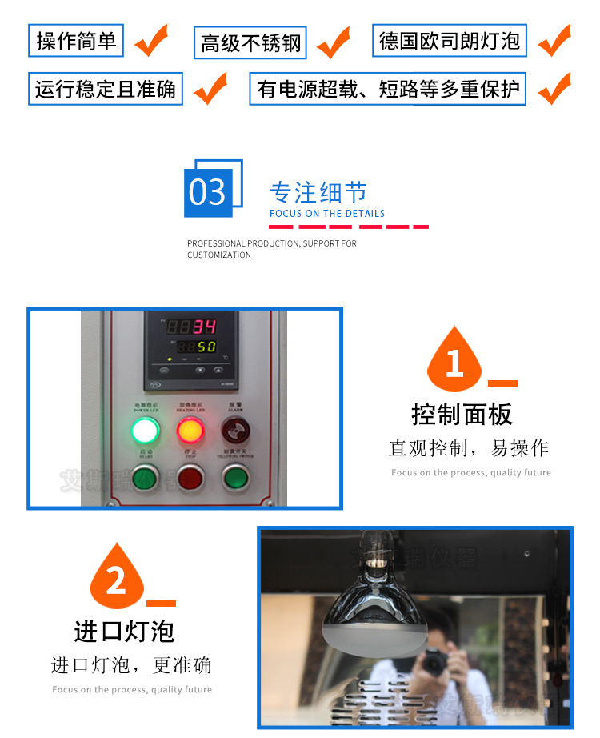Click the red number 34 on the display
[x=205, y=327]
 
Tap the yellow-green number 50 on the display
[x=206, y=347]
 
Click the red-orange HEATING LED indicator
[x=190, y=431]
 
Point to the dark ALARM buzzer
[x=234, y=431]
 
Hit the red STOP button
[x=190, y=478]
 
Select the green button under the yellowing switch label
[x=234, y=478]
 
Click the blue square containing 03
[x=209, y=193]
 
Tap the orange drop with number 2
[x=117, y=578]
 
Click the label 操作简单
[x=76, y=41]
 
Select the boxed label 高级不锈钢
[x=251, y=43]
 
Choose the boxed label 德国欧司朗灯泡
[x=450, y=41]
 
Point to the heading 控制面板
[x=462, y=414]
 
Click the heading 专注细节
[x=318, y=193]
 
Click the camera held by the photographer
[x=435, y=660]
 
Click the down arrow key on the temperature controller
[x=200, y=371]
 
